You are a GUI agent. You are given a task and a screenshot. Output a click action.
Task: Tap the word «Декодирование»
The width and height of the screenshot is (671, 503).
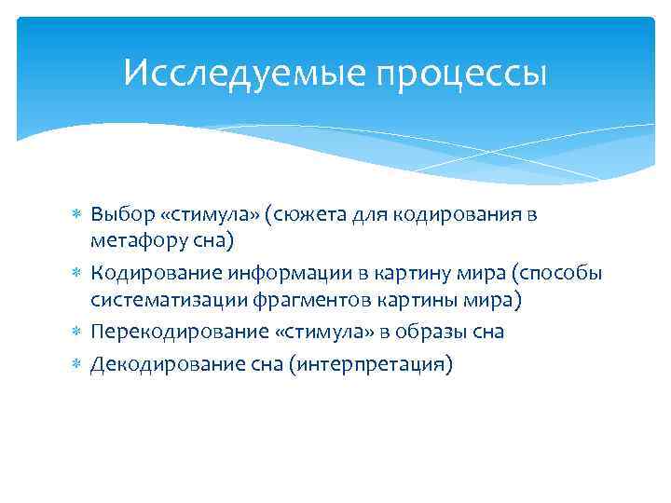[158, 362]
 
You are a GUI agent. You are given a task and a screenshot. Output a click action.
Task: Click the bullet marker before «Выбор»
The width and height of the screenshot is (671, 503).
[76, 215]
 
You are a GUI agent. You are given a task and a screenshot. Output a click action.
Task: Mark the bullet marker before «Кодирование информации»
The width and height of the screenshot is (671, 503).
[76, 273]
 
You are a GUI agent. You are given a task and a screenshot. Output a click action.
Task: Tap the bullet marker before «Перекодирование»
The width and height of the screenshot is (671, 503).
[76, 333]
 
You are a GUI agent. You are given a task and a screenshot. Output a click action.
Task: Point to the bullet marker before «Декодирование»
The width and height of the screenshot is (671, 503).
[76, 362]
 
